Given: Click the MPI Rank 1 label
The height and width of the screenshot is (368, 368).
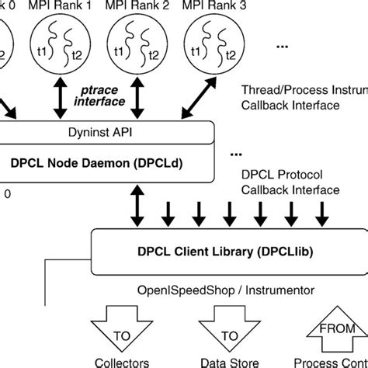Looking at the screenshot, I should tap(68, 6).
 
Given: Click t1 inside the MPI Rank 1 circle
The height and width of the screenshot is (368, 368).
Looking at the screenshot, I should tap(52, 50).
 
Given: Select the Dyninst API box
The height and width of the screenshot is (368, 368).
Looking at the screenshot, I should tap(101, 132).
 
